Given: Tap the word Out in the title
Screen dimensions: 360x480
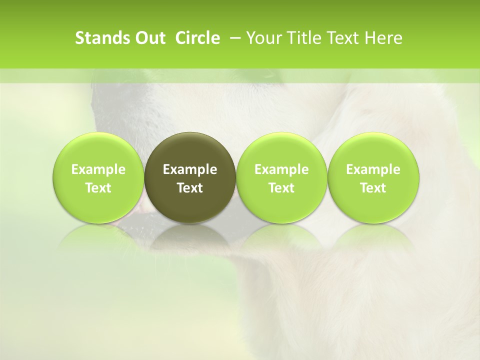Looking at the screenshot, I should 149,38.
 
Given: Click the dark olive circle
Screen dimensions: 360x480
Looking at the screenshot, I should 190,150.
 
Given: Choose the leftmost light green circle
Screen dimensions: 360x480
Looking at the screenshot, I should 98,150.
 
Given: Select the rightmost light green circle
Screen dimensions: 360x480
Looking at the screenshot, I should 373,150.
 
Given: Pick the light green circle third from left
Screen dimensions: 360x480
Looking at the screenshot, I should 281,150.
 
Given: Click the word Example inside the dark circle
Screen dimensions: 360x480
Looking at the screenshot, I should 190,169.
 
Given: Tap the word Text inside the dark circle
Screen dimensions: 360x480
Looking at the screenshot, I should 190,188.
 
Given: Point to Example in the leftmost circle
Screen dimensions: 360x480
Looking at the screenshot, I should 98,169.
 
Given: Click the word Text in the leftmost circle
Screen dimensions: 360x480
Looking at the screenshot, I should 98,188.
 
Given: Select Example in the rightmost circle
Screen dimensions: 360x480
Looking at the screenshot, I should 373,169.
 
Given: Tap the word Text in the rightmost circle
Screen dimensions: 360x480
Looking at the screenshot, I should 373,188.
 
